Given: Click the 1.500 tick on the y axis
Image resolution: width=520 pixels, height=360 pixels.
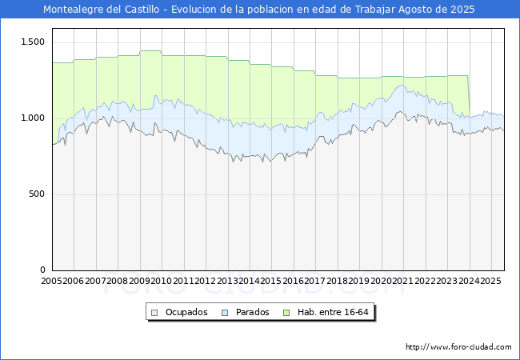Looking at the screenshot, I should click(31, 42).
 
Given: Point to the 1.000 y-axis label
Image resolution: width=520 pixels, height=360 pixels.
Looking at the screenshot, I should click(31, 118).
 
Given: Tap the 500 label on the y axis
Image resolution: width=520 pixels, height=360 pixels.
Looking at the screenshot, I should click(37, 194).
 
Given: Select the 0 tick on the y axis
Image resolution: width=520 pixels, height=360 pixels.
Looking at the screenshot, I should click(43, 270).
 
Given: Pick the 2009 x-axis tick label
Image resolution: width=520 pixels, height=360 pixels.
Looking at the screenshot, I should click(139, 281).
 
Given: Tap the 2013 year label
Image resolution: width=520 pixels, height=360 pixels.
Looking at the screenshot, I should click(226, 281).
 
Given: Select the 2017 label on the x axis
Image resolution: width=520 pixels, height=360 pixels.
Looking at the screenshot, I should click(314, 281).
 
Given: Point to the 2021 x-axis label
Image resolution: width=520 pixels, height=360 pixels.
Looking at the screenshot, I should click(402, 281).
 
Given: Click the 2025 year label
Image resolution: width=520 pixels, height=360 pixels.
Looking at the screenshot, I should click(490, 281).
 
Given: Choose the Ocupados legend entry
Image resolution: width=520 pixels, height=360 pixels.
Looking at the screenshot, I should click(186, 312).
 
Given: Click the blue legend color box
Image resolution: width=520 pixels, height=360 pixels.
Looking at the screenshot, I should click(226, 312).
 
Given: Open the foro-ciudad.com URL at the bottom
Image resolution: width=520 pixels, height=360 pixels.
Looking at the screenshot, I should click(458, 347).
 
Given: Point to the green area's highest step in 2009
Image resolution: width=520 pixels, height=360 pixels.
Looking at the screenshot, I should click(150, 51).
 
